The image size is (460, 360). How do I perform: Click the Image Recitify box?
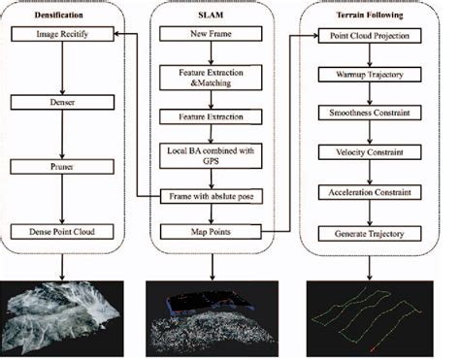tap(61, 36)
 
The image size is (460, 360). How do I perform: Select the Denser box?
tap(61, 100)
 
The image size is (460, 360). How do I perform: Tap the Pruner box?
tap(61, 166)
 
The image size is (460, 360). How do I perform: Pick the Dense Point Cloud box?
tap(61, 231)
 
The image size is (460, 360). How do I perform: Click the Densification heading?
tap(60, 13)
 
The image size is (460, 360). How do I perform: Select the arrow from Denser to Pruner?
tap(61, 133)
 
